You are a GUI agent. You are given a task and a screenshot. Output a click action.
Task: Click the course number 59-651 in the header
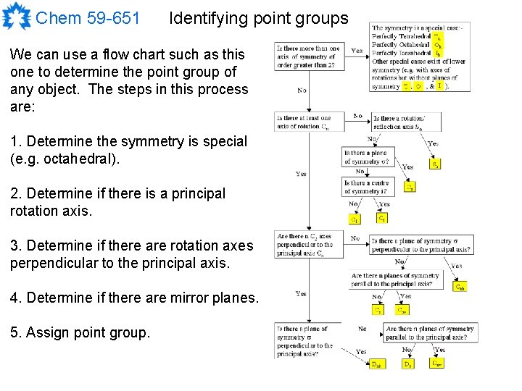point(114,18)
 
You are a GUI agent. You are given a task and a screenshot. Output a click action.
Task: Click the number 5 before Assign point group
point(15,332)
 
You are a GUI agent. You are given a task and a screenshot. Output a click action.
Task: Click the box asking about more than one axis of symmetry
point(307,56)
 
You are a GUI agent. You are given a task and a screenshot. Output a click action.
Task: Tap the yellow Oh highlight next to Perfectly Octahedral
point(438,44)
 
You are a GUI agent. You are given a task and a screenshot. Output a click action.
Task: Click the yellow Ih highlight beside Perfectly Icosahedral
point(438,53)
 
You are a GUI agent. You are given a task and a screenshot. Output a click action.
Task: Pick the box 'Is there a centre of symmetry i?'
point(367,187)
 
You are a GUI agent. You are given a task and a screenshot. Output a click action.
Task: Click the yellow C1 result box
point(355,219)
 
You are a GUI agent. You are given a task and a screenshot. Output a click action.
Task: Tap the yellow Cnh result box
point(460,287)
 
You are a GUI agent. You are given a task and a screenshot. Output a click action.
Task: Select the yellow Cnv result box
point(402,310)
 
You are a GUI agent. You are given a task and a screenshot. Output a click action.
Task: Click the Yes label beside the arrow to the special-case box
point(357,51)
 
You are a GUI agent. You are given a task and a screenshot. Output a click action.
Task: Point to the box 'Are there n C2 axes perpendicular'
point(304,245)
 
